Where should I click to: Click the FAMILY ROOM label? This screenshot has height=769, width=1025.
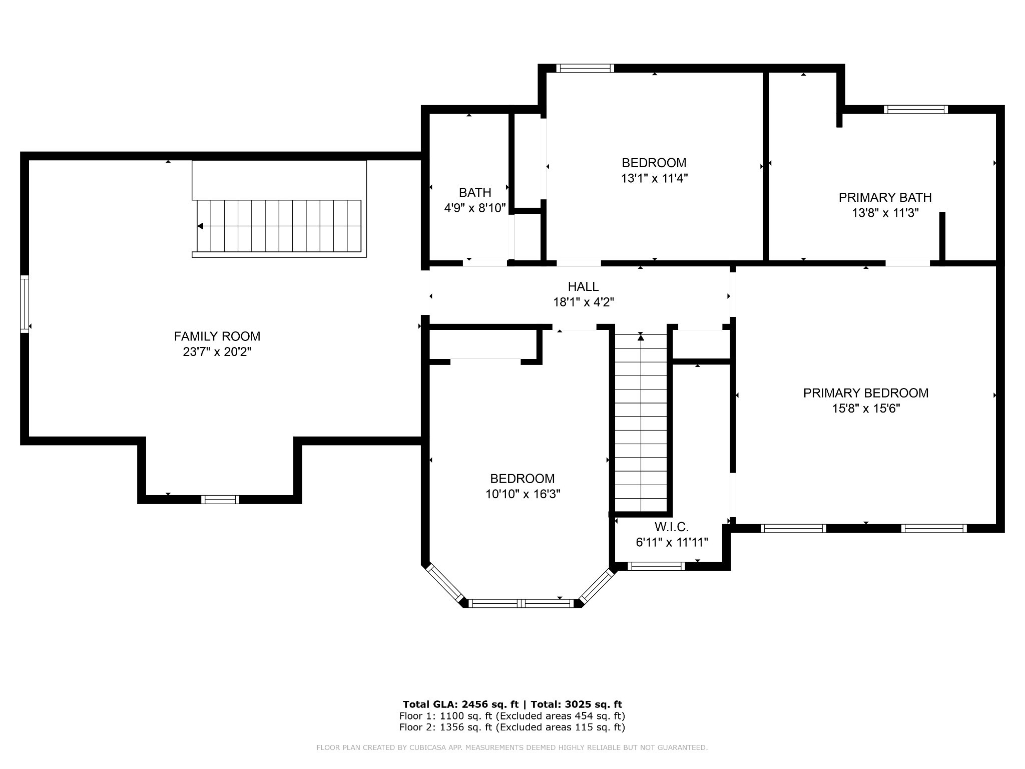click(x=217, y=336)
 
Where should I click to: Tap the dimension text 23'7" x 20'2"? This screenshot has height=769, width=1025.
click(x=217, y=352)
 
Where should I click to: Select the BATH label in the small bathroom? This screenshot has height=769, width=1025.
click(x=474, y=192)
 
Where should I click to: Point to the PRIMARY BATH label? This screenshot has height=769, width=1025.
click(x=885, y=197)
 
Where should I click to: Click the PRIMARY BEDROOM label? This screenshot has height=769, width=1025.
click(x=865, y=393)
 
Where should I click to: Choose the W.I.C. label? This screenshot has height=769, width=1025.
click(x=671, y=527)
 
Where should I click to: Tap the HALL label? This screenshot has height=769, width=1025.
click(x=583, y=286)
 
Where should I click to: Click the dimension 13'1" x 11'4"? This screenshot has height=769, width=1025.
click(x=654, y=178)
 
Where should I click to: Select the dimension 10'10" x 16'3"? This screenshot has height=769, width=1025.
click(x=523, y=494)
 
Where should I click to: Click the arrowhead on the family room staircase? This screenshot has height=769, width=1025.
click(x=200, y=226)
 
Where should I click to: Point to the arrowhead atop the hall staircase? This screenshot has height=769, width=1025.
click(x=641, y=337)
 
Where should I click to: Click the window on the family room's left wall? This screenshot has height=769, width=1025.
click(x=24, y=303)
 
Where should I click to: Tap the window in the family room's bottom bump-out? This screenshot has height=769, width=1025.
click(x=220, y=499)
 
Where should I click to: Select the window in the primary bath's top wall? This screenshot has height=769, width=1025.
click(x=915, y=109)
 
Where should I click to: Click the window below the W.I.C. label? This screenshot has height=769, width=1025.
click(x=656, y=566)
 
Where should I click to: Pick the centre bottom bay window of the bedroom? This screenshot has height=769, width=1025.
click(x=521, y=603)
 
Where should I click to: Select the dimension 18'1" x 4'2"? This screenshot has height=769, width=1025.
click(x=583, y=302)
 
